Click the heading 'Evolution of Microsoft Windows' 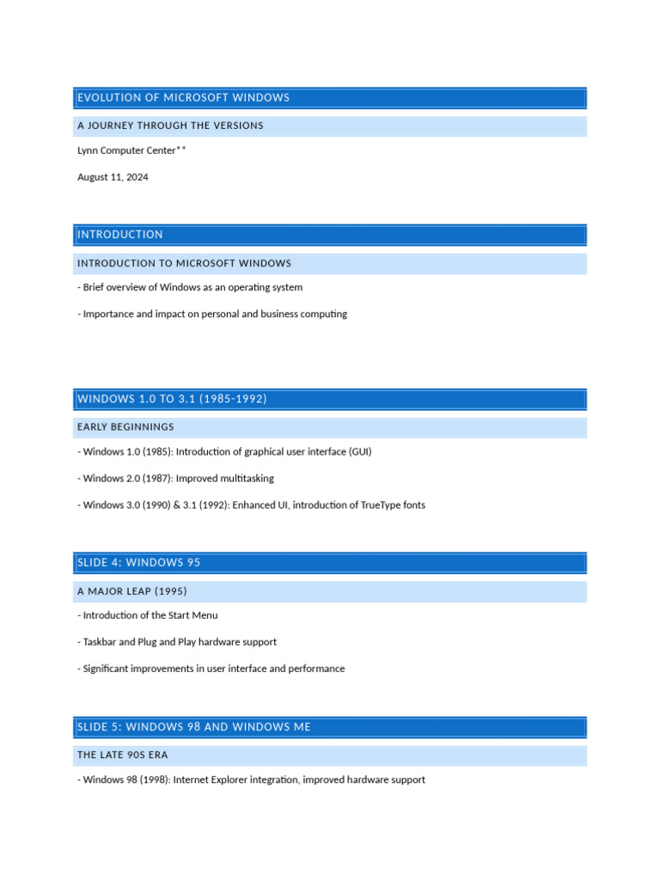point(183,98)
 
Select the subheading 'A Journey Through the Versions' point(170,125)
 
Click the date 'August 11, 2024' point(113,177)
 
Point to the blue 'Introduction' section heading point(120,235)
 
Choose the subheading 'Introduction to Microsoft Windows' point(184,263)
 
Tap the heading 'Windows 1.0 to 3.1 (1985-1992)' point(172,399)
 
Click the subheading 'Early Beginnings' point(125,427)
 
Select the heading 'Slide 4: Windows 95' point(138,563)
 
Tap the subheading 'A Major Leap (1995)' point(131,591)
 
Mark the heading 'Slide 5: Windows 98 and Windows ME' point(194,727)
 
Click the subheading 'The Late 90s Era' point(123,755)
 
